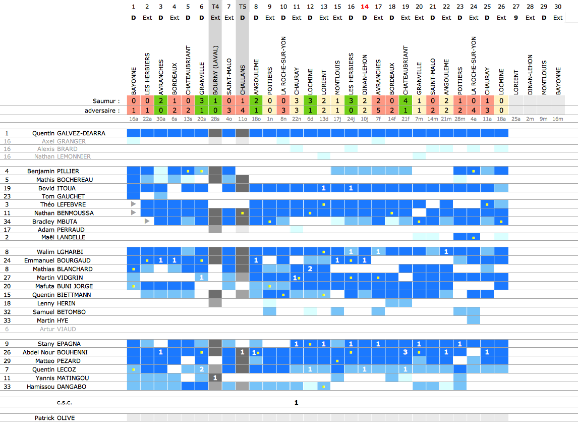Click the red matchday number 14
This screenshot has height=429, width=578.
(x=365, y=7)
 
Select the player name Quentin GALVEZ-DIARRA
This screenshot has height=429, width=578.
(x=69, y=133)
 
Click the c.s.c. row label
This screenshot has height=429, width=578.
(x=64, y=403)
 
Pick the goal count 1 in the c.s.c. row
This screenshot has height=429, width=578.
(x=297, y=403)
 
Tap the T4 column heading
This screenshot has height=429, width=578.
(x=215, y=7)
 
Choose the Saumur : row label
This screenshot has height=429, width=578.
(x=107, y=101)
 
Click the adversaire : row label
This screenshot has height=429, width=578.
(x=103, y=110)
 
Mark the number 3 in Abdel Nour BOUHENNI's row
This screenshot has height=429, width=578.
(x=406, y=352)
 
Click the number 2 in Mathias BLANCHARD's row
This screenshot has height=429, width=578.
(x=310, y=269)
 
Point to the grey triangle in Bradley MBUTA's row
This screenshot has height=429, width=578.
(x=147, y=221)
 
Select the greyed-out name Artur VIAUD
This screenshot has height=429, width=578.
(x=58, y=329)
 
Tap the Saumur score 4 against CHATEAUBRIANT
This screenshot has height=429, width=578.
(x=406, y=101)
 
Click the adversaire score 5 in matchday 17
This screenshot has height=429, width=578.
(x=378, y=110)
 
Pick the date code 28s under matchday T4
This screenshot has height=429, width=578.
(x=215, y=119)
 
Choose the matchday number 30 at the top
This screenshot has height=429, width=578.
(x=558, y=7)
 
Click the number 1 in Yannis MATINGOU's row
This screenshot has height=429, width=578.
(x=215, y=378)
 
